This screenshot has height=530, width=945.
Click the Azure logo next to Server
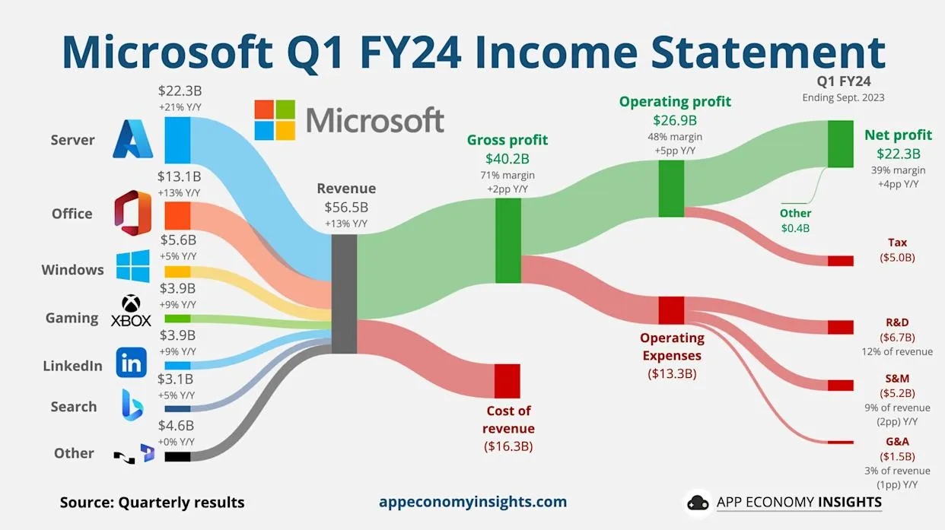(x=133, y=140)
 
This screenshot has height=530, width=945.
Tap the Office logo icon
(x=132, y=213)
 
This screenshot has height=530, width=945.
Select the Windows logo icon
(x=132, y=267)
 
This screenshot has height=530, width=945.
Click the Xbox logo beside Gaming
(x=132, y=312)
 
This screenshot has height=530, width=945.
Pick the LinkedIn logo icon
(x=132, y=363)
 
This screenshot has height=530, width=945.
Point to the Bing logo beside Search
(x=132, y=405)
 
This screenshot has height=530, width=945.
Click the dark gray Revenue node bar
(x=345, y=294)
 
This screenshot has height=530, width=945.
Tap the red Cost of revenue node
(x=508, y=380)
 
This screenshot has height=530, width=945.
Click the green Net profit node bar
(x=841, y=144)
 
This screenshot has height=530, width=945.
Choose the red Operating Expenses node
(x=671, y=310)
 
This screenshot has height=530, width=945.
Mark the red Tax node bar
(x=841, y=261)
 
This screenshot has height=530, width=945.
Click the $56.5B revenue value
(x=346, y=207)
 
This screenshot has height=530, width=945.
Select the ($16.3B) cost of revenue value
(x=508, y=446)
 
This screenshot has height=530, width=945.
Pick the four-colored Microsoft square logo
(x=274, y=120)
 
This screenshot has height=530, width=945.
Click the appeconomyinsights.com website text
(x=473, y=502)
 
